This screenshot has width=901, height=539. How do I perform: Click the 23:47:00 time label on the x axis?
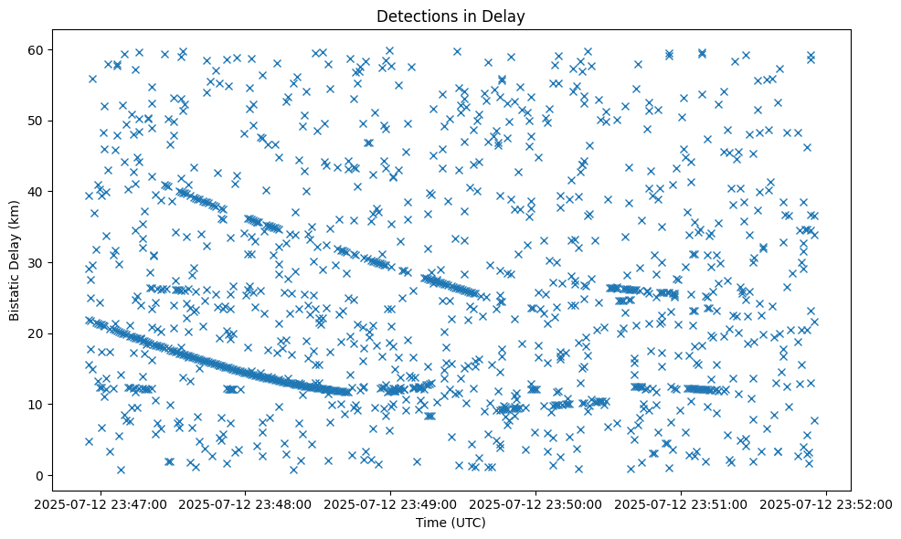[101, 503]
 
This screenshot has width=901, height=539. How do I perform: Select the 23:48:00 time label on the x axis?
[246, 503]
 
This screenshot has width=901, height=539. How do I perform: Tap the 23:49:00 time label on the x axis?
[391, 503]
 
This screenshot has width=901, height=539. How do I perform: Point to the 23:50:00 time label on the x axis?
[536, 503]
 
